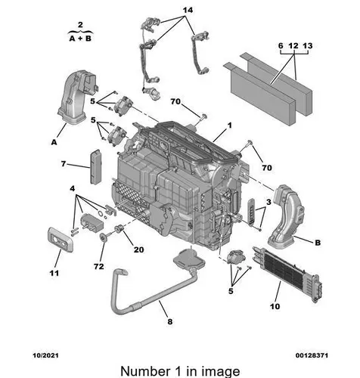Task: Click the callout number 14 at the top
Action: (x=188, y=10)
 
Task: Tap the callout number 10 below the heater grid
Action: (x=275, y=306)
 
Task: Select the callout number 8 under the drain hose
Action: (x=170, y=321)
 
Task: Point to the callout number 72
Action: (x=99, y=266)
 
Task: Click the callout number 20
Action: (x=139, y=249)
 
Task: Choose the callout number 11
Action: (x=54, y=273)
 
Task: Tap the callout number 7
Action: (x=64, y=164)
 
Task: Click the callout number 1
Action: (x=229, y=125)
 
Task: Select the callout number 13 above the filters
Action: (x=308, y=46)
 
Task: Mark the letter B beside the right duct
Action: (x=318, y=243)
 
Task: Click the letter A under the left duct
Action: (x=54, y=142)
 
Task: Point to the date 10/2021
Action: (x=45, y=355)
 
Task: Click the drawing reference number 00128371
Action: (x=312, y=355)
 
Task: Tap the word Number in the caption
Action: (x=145, y=371)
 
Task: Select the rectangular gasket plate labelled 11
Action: (x=60, y=240)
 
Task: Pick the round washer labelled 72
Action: (x=103, y=237)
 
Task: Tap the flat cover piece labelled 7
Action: (x=95, y=167)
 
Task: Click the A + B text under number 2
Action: (x=80, y=39)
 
